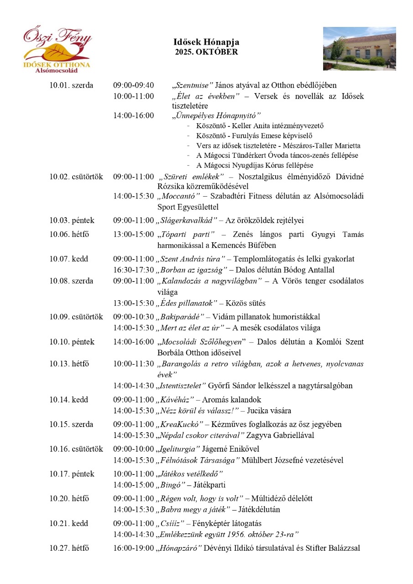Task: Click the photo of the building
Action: point(359,48)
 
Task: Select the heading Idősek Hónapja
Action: point(206,42)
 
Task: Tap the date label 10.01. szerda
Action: point(71,85)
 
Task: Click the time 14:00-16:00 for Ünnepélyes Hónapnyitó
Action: point(134,115)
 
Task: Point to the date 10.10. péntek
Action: point(72,342)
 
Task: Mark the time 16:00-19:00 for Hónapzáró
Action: point(134,548)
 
